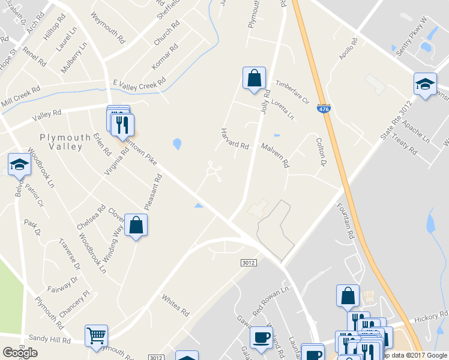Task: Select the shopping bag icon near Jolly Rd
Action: [254, 79]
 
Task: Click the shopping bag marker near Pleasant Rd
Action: [136, 226]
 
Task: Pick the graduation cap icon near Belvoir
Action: [19, 164]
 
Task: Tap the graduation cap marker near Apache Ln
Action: [425, 85]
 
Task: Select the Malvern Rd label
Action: [275, 155]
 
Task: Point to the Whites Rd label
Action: [175, 305]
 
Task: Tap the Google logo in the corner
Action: [20, 353]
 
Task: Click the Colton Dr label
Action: [321, 151]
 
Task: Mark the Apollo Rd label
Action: [348, 49]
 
